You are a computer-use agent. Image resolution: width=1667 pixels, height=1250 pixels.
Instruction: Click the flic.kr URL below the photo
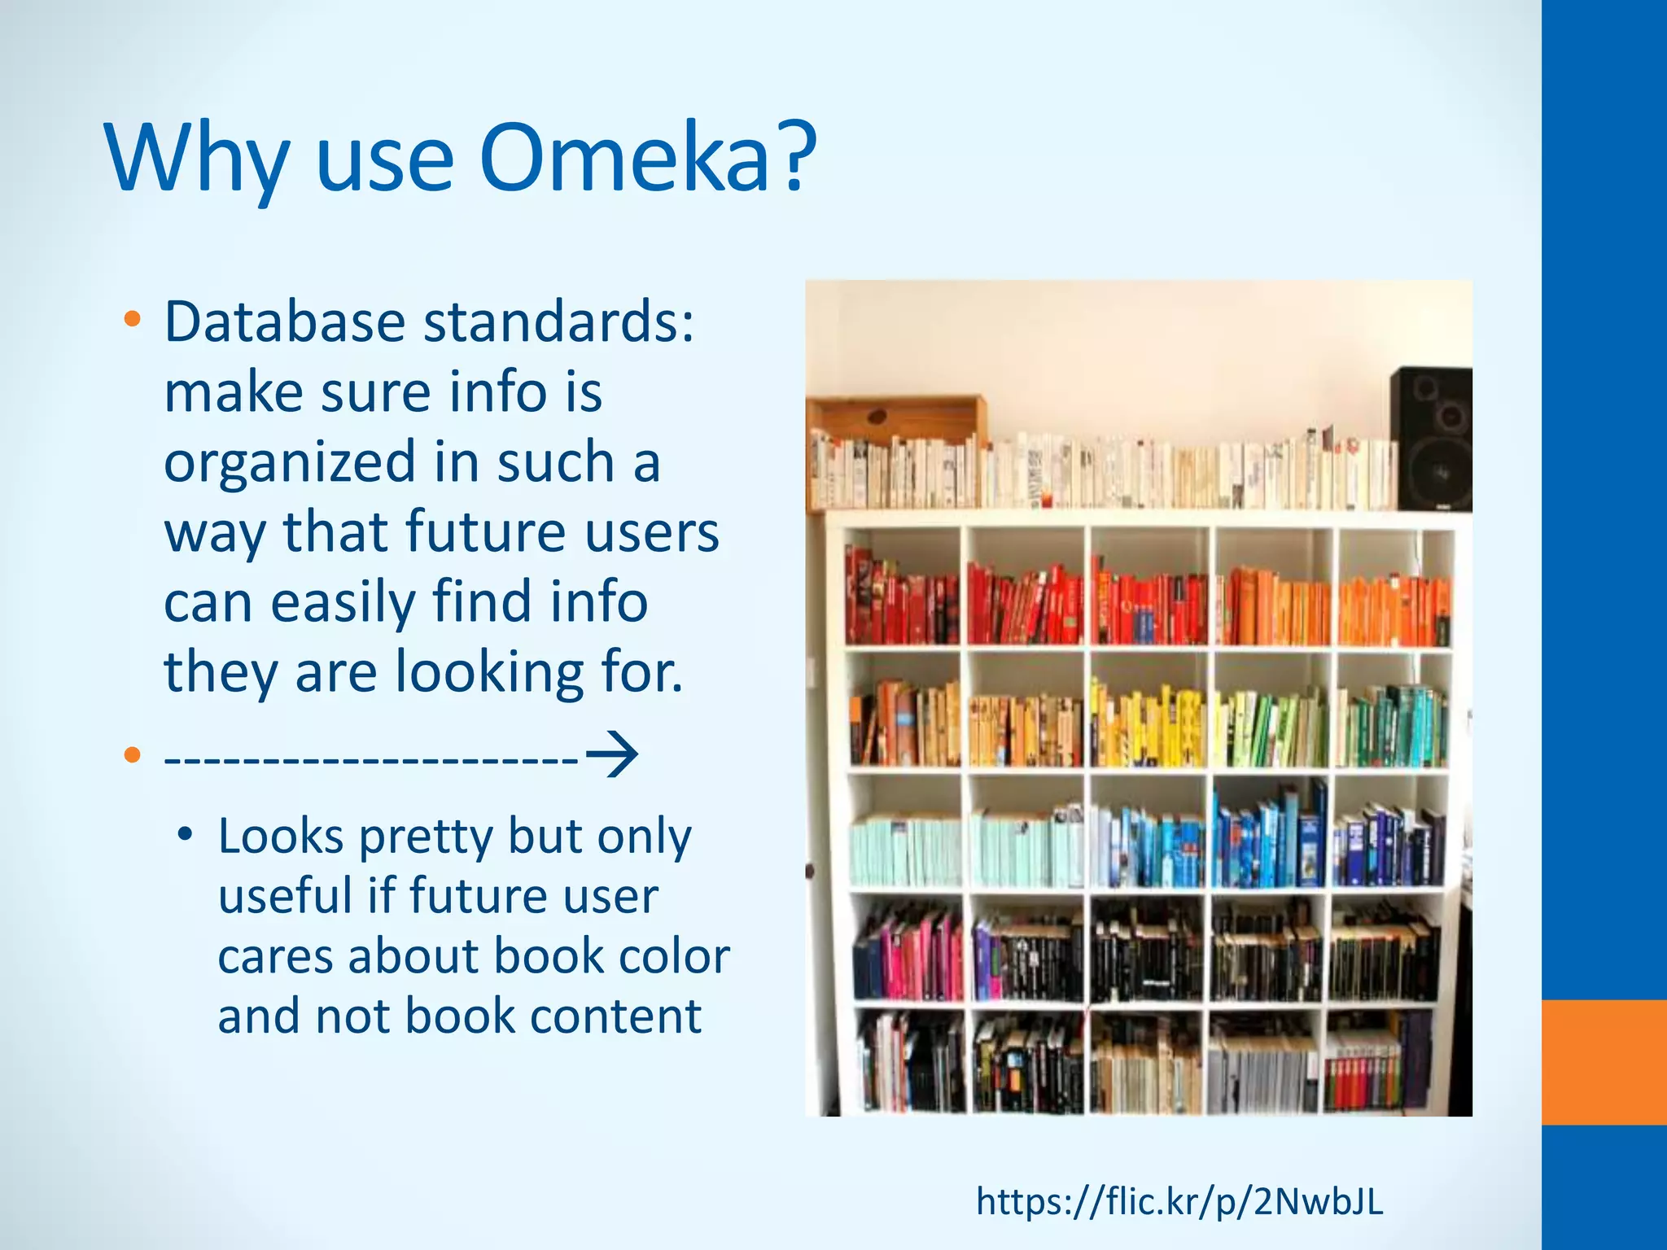pos(1179,1201)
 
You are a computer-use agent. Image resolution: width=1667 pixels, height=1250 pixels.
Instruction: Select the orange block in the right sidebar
pos(1604,1062)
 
